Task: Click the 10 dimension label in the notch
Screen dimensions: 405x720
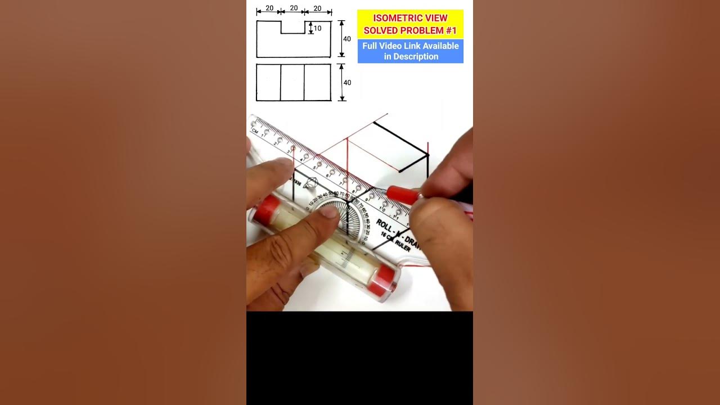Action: coord(318,28)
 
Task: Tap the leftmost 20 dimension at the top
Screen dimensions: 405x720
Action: coord(269,8)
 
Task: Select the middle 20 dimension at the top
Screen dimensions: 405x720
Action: coord(293,8)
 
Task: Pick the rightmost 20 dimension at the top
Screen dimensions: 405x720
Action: coord(317,8)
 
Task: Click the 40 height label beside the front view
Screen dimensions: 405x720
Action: coord(347,39)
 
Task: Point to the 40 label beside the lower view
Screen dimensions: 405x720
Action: coord(347,83)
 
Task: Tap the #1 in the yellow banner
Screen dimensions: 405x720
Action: coord(450,30)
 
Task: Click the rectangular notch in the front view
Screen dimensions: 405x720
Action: coord(293,27)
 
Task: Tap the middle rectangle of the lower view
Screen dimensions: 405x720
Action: coord(292,83)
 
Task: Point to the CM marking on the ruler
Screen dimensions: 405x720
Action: coord(255,131)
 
